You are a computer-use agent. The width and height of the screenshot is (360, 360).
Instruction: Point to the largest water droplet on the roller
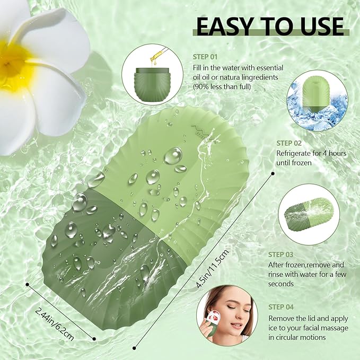[x=172, y=155]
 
